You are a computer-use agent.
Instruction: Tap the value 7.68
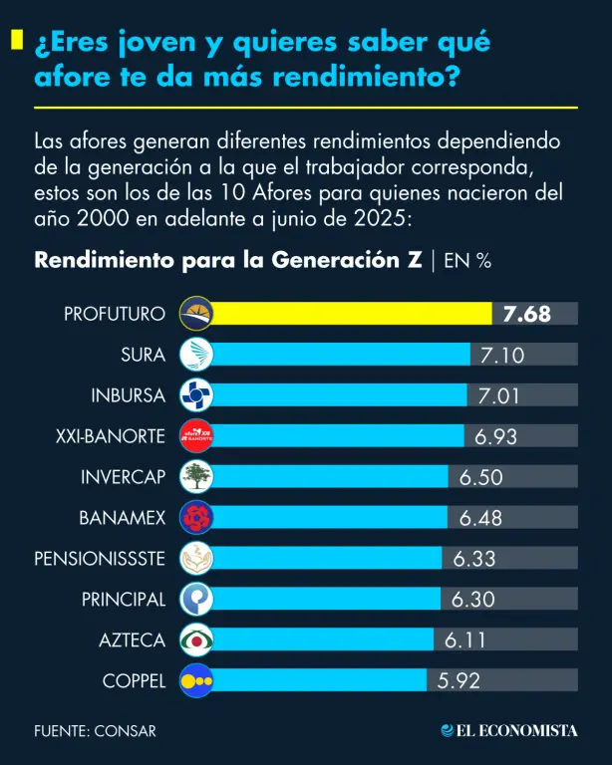point(527,314)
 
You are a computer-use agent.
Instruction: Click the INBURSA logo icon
point(195,395)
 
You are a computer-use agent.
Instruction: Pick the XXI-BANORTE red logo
point(195,436)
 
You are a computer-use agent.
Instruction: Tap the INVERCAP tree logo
point(195,477)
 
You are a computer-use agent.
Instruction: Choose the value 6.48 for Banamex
point(480,519)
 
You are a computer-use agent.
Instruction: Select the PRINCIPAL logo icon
point(195,600)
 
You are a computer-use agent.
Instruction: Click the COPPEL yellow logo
point(195,682)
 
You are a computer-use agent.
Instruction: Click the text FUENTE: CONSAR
point(95,731)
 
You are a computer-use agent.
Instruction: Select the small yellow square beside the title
point(17,40)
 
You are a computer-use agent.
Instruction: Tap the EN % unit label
point(467,261)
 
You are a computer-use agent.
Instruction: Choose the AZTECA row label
point(132,641)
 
